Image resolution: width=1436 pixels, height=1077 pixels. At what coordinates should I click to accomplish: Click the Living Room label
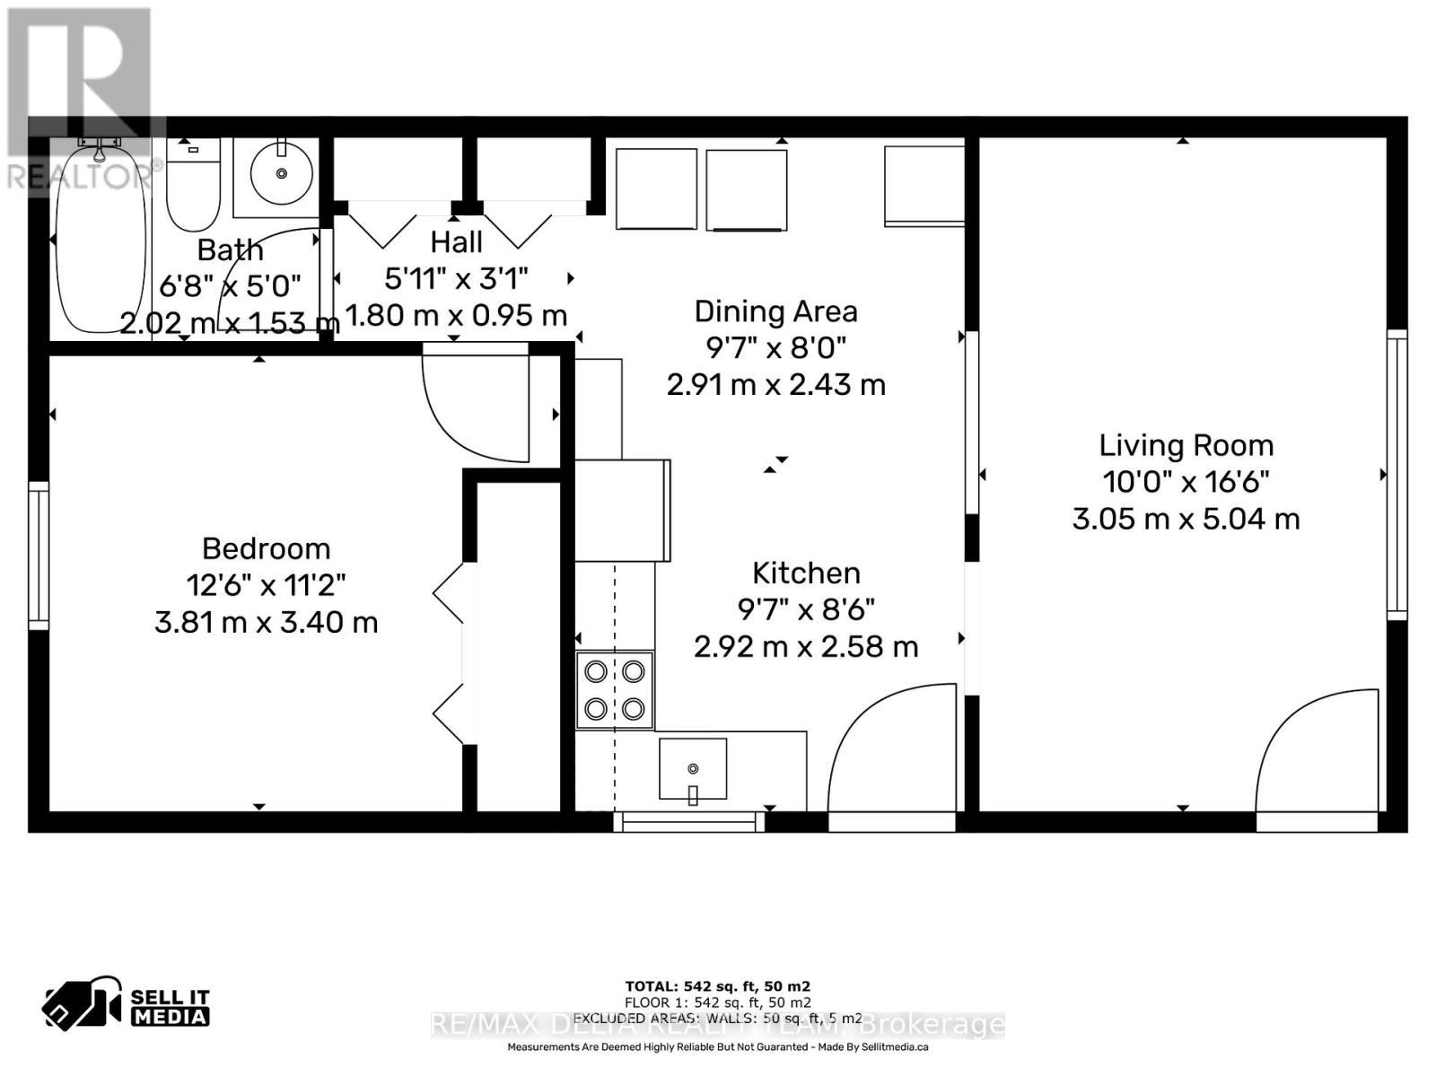coord(1186,445)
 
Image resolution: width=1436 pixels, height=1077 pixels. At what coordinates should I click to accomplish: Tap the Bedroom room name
coord(266,548)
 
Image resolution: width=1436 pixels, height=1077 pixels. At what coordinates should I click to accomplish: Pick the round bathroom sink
coord(281,172)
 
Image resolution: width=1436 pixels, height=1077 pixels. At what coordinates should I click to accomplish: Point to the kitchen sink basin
coord(692,769)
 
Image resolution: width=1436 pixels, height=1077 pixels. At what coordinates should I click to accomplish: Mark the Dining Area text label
coord(775,311)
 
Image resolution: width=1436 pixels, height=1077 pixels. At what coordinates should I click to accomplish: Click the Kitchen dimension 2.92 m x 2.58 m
coord(806,646)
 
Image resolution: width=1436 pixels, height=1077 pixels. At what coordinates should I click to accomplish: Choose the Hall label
coord(456,241)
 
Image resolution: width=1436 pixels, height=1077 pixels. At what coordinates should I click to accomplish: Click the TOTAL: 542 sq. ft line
coord(717,985)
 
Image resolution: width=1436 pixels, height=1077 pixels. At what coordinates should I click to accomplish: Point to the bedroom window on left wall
coord(38,555)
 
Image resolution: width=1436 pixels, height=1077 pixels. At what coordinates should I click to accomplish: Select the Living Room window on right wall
coord(1397,474)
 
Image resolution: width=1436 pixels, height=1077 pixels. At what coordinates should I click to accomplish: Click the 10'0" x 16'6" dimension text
coord(1186,482)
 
